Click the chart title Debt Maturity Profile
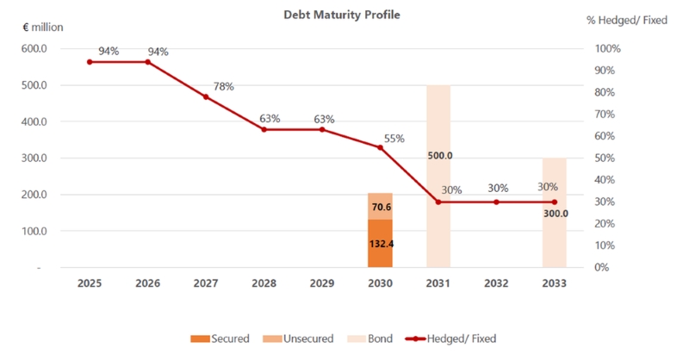coord(342,15)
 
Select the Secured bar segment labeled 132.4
coord(380,244)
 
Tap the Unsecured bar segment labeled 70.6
coord(380,207)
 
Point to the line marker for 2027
coord(206,96)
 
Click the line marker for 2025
coord(90,62)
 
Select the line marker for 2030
coord(380,147)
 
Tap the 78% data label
coord(223,86)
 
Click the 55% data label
coord(394,138)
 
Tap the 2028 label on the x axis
coord(264,282)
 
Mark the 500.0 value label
coord(440,156)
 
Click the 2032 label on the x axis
coord(496,282)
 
